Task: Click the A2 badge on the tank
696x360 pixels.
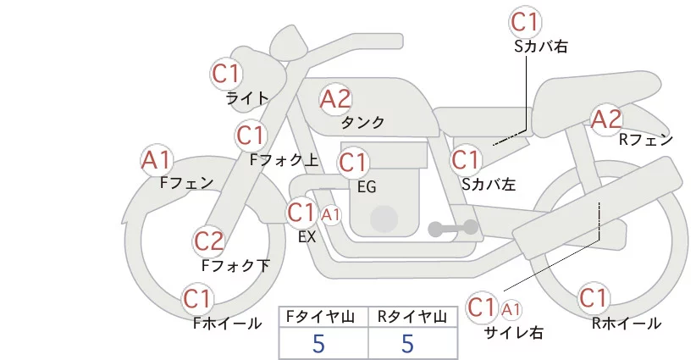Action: click(x=335, y=99)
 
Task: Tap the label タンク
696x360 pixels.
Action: click(x=362, y=122)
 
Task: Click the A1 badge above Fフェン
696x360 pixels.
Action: click(x=157, y=160)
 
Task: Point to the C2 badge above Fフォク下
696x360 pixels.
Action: click(x=209, y=241)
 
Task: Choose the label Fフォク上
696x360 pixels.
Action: click(x=284, y=160)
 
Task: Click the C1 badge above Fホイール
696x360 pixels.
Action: click(x=196, y=299)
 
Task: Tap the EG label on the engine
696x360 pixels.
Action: click(x=367, y=187)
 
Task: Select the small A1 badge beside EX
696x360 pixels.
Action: click(x=331, y=215)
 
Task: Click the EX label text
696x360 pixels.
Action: click(x=307, y=237)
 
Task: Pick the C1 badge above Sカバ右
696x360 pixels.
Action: click(x=525, y=22)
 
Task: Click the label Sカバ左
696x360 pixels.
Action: click(x=489, y=184)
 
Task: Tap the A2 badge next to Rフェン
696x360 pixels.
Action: click(x=606, y=119)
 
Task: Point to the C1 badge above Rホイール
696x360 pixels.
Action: click(x=594, y=298)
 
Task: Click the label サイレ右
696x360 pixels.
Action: click(x=514, y=333)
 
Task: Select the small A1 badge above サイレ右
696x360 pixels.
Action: click(x=511, y=309)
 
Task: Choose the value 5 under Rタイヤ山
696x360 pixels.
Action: click(x=408, y=343)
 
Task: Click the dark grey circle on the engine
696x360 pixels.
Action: click(x=384, y=219)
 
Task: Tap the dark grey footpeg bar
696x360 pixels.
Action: click(x=453, y=229)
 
